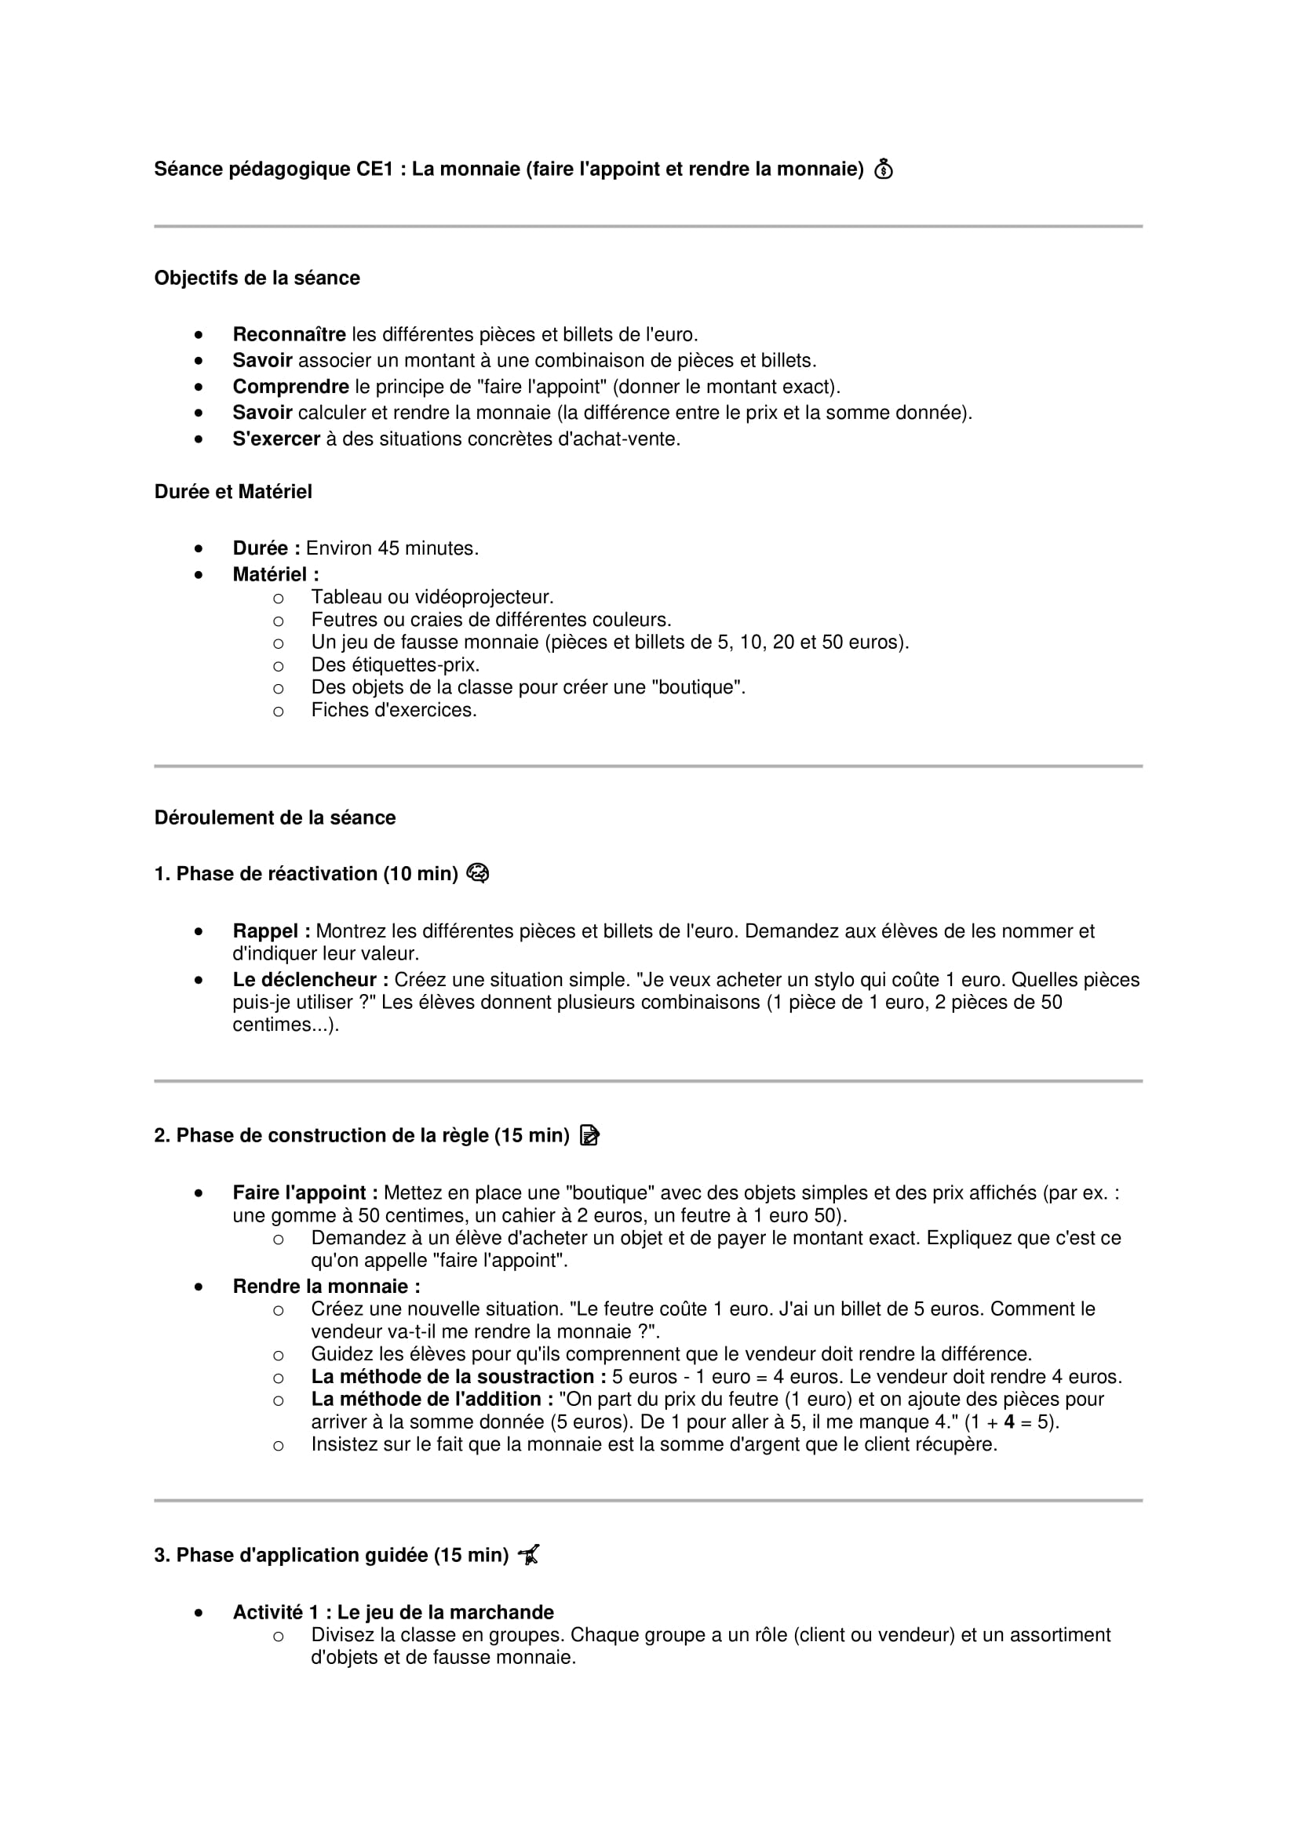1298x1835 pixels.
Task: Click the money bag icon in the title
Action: [883, 169]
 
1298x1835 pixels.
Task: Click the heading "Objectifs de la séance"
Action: [257, 279]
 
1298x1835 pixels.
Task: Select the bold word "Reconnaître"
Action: [289, 335]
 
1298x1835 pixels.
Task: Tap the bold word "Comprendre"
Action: [290, 387]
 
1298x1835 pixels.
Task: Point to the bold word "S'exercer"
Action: [275, 439]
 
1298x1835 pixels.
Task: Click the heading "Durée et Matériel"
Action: [232, 493]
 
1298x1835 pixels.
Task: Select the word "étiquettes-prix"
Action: [416, 665]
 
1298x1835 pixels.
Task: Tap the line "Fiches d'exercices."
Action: [393, 711]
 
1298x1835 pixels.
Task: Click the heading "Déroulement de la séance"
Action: [274, 818]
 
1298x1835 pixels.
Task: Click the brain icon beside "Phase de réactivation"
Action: [477, 873]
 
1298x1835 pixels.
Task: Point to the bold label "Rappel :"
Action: [271, 932]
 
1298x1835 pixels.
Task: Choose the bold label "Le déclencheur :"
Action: [310, 981]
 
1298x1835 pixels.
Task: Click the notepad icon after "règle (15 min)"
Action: [590, 1136]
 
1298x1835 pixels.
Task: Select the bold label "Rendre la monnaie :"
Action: [326, 1287]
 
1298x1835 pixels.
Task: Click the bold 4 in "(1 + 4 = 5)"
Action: [1009, 1422]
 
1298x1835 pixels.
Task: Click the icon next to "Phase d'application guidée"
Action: [528, 1555]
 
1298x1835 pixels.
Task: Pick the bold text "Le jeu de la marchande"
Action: [444, 1613]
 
